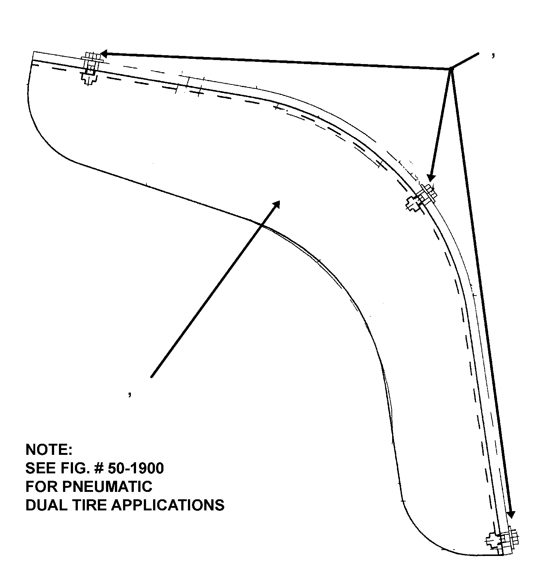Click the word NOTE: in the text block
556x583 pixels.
49,450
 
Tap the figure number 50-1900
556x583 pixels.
136,468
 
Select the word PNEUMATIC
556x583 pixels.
107,486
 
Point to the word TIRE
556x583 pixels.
90,505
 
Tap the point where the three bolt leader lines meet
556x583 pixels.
450,69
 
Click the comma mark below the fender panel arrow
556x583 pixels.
130,394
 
